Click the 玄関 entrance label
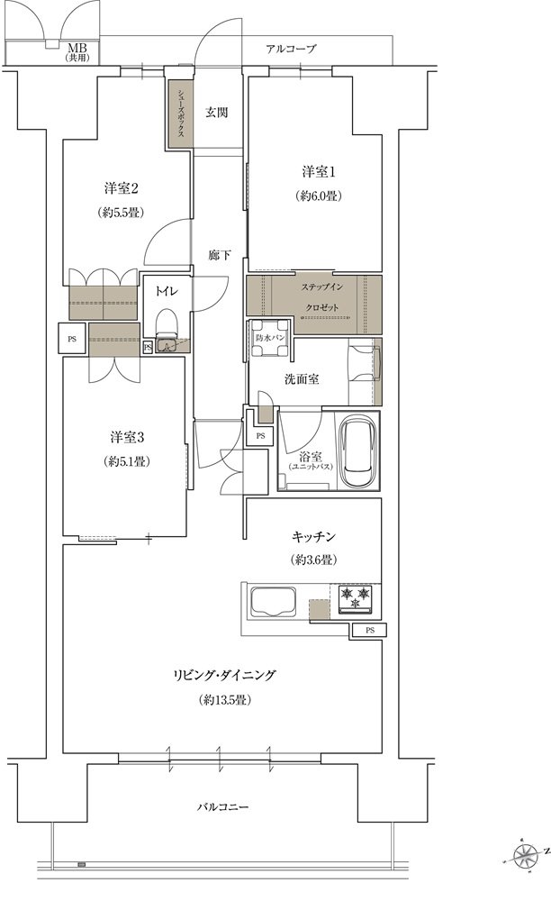pos(217,113)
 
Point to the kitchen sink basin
pos(273,602)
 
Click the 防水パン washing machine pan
pos(270,338)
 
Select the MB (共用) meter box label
pos(77,52)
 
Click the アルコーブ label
pos(291,50)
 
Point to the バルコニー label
pos(222,807)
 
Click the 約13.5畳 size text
pos(225,700)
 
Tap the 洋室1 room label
pos(319,171)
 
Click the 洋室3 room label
pos(127,437)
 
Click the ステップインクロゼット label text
pos(321,297)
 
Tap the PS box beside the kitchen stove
pos(369,631)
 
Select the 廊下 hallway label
pos(220,254)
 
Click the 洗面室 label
pos(302,379)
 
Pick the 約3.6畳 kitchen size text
pos(313,560)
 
